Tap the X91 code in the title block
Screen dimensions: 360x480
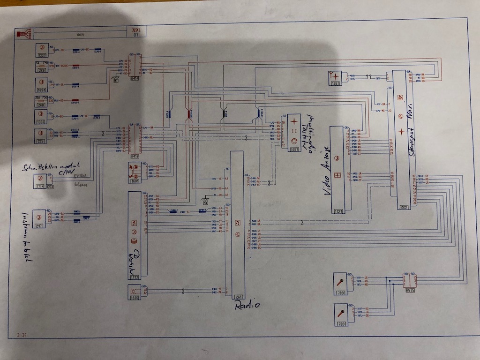coord(136,30)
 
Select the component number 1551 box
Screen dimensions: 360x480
coord(335,83)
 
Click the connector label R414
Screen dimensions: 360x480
coord(135,79)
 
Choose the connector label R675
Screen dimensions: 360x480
coord(410,290)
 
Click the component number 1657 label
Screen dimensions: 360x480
coord(294,149)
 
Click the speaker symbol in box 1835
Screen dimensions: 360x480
coord(133,292)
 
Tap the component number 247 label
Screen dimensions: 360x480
coord(39,226)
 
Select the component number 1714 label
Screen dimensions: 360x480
coord(39,187)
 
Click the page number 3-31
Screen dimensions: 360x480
coord(22,334)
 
